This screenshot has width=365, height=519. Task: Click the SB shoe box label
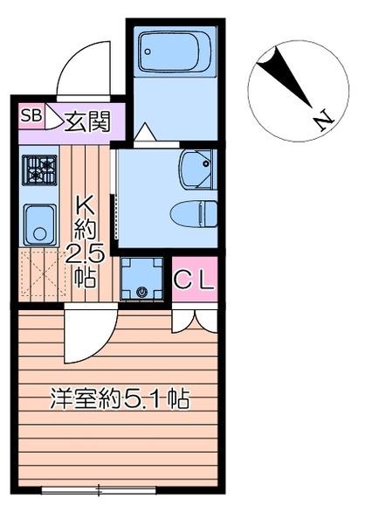tap(31, 116)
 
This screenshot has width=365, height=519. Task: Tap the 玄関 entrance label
tap(87, 121)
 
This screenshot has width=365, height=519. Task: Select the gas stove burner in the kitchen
tap(39, 170)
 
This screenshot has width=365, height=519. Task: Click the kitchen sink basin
tap(39, 225)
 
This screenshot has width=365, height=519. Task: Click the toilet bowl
tap(194, 214)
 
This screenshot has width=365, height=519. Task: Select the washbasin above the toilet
tap(197, 170)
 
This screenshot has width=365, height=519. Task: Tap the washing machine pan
tap(141, 279)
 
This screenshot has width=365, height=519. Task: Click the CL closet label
tap(194, 280)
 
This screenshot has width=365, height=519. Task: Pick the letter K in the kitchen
tap(86, 206)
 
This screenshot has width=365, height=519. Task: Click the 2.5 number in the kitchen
tap(85, 255)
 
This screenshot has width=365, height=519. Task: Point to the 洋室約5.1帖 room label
tap(120, 399)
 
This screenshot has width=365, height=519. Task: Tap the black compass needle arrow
tap(284, 77)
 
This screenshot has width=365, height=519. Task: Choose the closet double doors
tap(195, 321)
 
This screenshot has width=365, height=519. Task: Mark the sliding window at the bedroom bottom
tap(99, 490)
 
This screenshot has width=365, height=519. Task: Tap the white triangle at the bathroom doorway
tap(145, 133)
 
